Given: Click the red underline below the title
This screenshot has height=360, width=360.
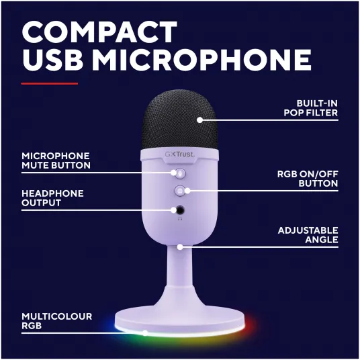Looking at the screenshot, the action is [49, 83].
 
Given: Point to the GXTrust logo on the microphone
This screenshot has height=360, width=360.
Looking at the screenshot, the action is [179, 154].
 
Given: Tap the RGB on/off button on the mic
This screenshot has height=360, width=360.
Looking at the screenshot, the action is [180, 191].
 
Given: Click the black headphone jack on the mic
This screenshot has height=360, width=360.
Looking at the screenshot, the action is [180, 210].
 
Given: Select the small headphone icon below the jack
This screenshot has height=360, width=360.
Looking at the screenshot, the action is [180, 219].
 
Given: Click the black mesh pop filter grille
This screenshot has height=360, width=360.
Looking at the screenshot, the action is [180, 120].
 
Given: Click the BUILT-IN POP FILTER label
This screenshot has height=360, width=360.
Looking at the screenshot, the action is [311, 108].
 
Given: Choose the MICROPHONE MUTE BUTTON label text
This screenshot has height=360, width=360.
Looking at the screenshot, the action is [56, 161].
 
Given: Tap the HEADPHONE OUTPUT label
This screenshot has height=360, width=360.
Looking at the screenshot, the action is [52, 198].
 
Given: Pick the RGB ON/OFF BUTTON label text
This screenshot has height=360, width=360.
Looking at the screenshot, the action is [308, 179].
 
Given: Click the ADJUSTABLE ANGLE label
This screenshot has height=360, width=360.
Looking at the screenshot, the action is [308, 235].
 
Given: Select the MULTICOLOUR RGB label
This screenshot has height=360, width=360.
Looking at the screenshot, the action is [56, 321].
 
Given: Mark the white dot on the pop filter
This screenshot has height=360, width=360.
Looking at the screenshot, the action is [199, 120].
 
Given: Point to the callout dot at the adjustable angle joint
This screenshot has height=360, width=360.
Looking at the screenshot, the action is [180, 247].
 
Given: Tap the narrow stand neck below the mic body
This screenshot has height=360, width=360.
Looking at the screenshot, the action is [179, 267].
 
